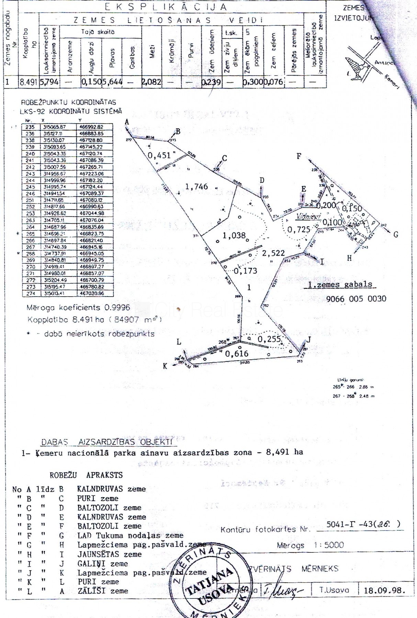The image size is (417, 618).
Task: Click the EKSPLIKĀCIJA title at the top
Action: pos(166,7)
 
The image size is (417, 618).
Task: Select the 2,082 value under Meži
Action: pos(151,82)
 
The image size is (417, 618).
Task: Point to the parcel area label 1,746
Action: pos(196,186)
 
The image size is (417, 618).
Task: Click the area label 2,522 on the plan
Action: pos(273,253)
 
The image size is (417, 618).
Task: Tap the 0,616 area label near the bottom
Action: pos(237,353)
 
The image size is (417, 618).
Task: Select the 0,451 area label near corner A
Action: pos(159,155)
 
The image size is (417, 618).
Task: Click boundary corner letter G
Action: pos(396,235)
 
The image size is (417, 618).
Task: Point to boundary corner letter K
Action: pos(165,366)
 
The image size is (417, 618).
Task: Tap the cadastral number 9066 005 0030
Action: pos(356,299)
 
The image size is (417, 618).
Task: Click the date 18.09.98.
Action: pos(384,591)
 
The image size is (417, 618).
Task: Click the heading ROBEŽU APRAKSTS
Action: pos(86,475)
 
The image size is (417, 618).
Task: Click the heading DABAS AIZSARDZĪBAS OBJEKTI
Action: pos(106,442)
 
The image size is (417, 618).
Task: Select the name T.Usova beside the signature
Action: pos(334,590)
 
